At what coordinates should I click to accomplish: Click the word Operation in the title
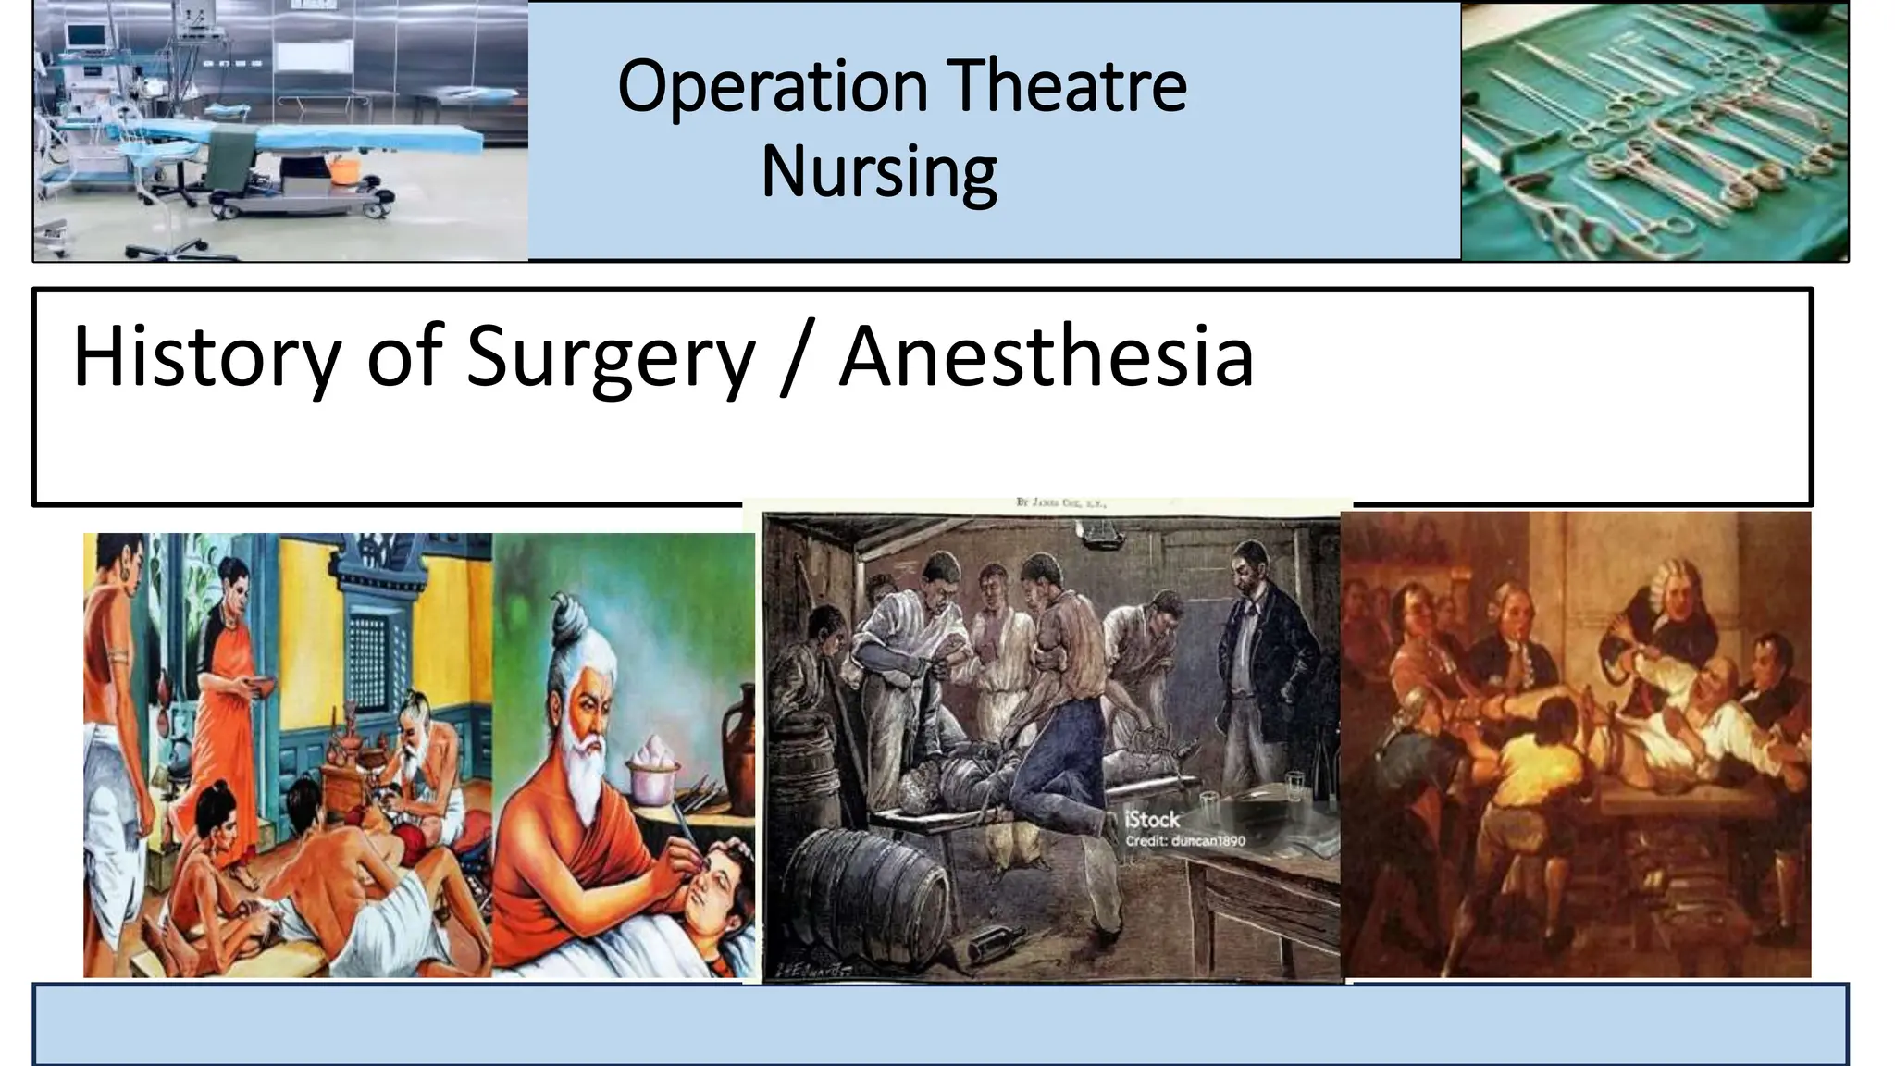coord(773,87)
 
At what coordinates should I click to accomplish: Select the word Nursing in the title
coord(879,172)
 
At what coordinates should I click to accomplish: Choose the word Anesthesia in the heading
coord(1046,357)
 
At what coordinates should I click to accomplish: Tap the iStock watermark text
coord(1152,820)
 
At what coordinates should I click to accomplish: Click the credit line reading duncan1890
coord(1185,841)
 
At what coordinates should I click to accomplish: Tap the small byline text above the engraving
coord(1060,502)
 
